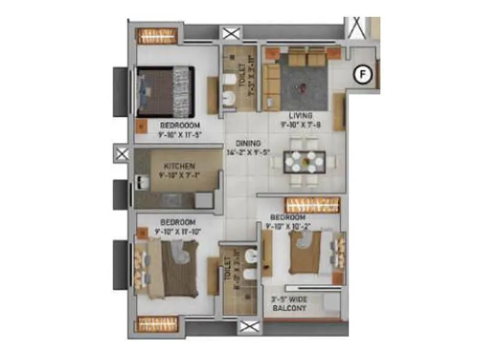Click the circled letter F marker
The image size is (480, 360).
pos(362,74)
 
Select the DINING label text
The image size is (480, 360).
pos(248,143)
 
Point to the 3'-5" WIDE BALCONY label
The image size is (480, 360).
pos(289,303)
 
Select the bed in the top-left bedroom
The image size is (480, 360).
pos(166,91)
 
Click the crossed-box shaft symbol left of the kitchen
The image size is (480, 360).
pos(122,154)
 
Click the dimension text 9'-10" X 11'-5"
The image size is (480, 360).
pos(178,134)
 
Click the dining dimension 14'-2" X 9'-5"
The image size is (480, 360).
pos(247,152)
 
